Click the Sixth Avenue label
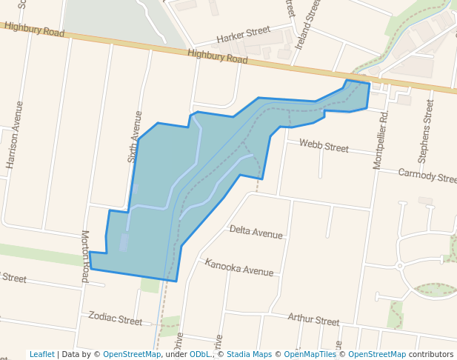[x=134, y=137]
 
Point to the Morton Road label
[x=85, y=256]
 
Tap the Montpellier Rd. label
[x=380, y=141]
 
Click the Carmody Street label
[x=427, y=176]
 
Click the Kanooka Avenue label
[x=239, y=267]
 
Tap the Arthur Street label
[x=313, y=320]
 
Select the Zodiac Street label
[x=115, y=319]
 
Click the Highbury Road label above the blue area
[x=217, y=57]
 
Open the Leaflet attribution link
[x=41, y=354]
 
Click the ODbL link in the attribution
[x=201, y=354]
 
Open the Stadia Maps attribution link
[x=249, y=354]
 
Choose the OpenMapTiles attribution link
[x=312, y=354]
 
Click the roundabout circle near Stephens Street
[x=399, y=265]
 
